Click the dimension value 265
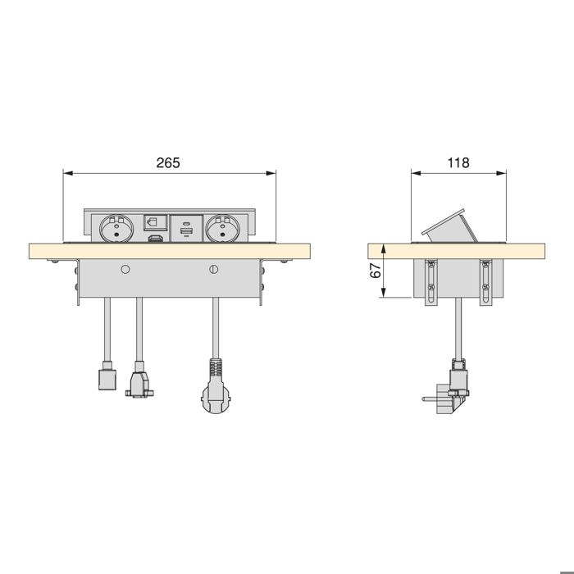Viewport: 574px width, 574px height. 168,162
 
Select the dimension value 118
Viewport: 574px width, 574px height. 458,162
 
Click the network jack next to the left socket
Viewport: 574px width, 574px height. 153,222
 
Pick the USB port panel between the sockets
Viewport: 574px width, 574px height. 186,227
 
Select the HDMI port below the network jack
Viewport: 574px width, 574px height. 153,239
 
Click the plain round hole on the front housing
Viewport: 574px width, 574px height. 125,268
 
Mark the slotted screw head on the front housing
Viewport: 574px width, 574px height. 214,268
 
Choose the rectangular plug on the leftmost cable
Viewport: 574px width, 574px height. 105,378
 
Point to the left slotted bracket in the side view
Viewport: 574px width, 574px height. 429,283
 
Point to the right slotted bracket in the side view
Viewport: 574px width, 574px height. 486,283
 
